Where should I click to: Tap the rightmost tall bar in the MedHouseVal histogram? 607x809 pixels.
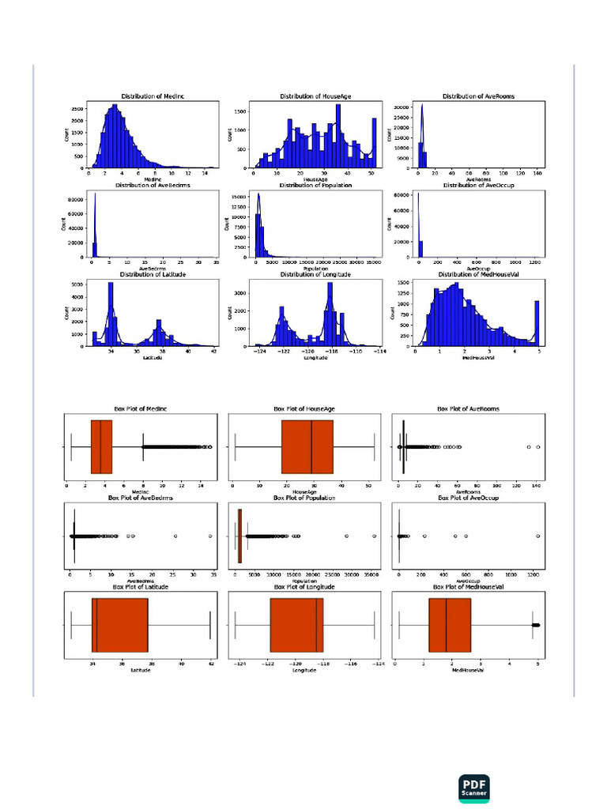(x=537, y=323)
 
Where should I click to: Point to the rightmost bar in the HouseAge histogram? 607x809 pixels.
(x=374, y=143)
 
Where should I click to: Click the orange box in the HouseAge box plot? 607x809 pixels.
(x=307, y=447)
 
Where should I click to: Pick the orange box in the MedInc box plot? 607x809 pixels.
(x=101, y=447)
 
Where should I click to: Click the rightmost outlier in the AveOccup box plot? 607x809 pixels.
(x=538, y=536)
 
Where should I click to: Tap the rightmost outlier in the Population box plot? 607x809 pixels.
(x=374, y=536)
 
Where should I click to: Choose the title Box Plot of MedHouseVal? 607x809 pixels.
(x=469, y=588)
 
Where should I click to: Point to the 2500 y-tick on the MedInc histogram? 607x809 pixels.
(x=77, y=108)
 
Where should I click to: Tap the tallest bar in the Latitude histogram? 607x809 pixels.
(x=111, y=314)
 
